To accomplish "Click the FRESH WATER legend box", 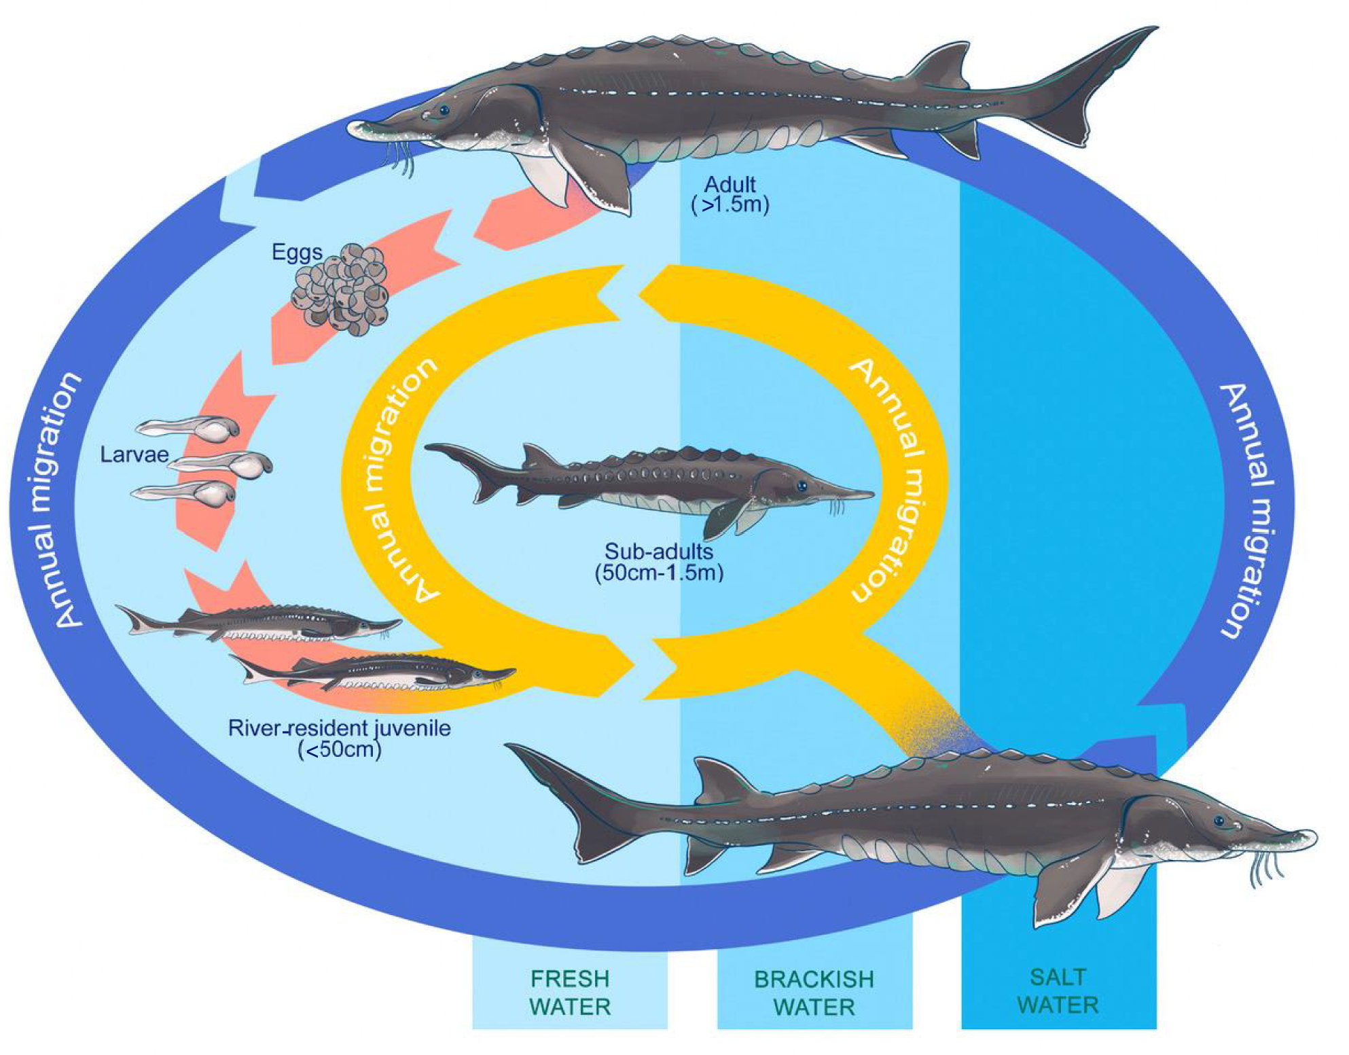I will [x=569, y=991].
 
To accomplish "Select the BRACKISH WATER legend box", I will [x=814, y=991].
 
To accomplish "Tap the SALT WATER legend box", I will [x=1058, y=990].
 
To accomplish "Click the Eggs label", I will [x=297, y=252].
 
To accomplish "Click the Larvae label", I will [x=134, y=454].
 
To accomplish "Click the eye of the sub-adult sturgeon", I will [x=802, y=486].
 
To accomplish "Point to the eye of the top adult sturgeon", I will [x=443, y=109].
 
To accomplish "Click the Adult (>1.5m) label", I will [x=730, y=194].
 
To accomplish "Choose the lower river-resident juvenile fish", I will [x=374, y=673].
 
